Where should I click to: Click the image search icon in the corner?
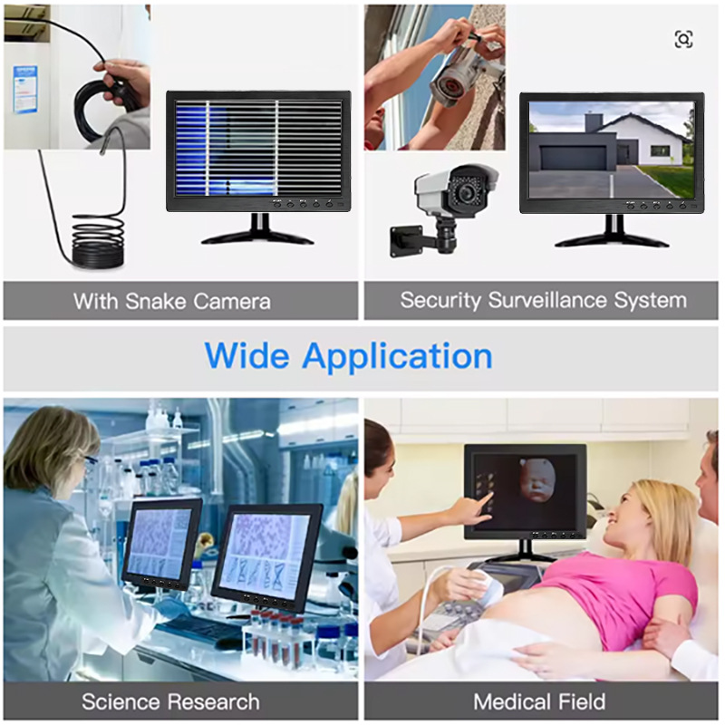pyautogui.click(x=683, y=39)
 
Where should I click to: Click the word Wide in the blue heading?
pyautogui.click(x=246, y=354)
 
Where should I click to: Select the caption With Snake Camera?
pyautogui.click(x=172, y=301)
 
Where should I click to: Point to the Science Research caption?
pyautogui.click(x=170, y=701)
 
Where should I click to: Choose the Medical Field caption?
pyautogui.click(x=539, y=701)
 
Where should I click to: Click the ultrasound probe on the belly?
pyautogui.click(x=485, y=590)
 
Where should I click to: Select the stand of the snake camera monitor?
pyautogui.click(x=257, y=231)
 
